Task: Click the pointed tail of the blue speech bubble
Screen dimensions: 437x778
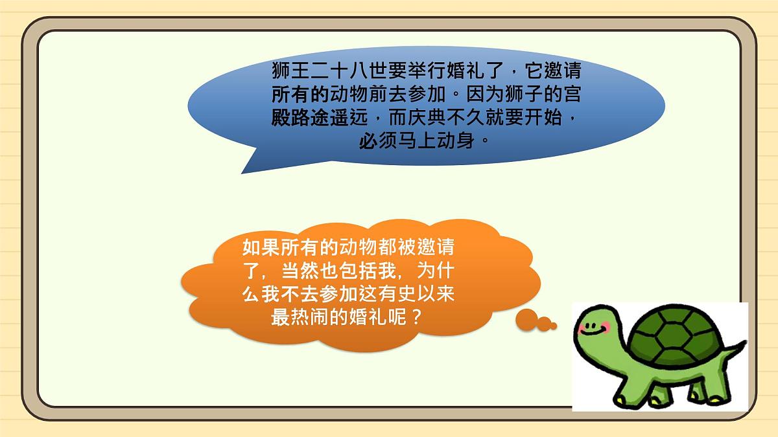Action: pos(246,170)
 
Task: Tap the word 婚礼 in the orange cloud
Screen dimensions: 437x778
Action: pos(365,317)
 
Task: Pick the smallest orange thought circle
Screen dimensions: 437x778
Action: pos(553,326)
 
